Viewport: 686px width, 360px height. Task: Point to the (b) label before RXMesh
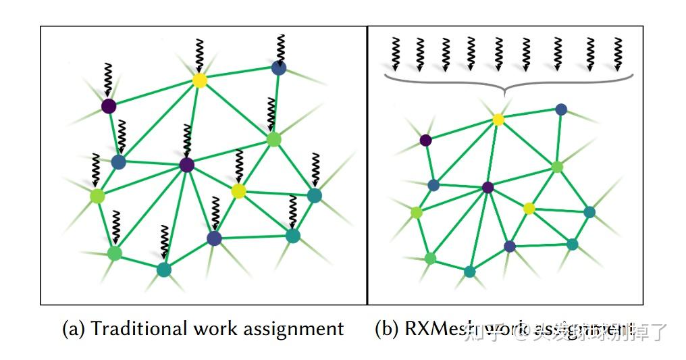coord(387,330)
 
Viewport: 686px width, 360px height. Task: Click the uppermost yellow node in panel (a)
coord(199,80)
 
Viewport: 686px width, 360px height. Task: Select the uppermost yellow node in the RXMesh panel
coord(498,120)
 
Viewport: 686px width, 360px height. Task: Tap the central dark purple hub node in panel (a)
coord(187,165)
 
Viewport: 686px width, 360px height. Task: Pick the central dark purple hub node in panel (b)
coord(487,187)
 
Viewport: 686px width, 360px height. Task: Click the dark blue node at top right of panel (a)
coord(279,68)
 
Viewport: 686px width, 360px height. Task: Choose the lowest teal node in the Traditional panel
coord(163,269)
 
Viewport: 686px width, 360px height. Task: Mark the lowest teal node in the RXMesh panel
coord(470,272)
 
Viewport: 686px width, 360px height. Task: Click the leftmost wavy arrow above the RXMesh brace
coord(396,54)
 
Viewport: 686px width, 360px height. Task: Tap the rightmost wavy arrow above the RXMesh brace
coord(618,54)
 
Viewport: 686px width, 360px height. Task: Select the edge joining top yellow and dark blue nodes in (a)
coord(239,74)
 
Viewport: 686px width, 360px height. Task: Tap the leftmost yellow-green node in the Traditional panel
coord(97,196)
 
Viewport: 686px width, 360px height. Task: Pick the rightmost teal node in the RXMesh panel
coord(589,212)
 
